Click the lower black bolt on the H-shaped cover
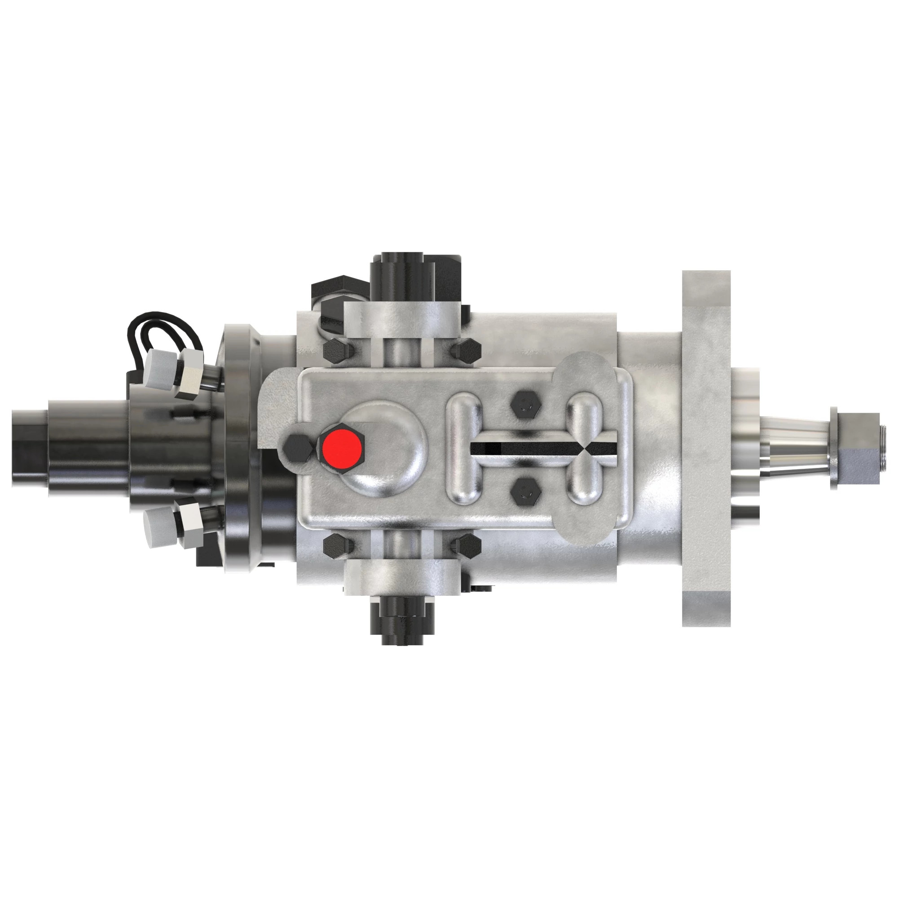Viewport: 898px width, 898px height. tap(525, 491)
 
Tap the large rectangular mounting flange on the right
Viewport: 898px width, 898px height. tap(706, 448)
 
